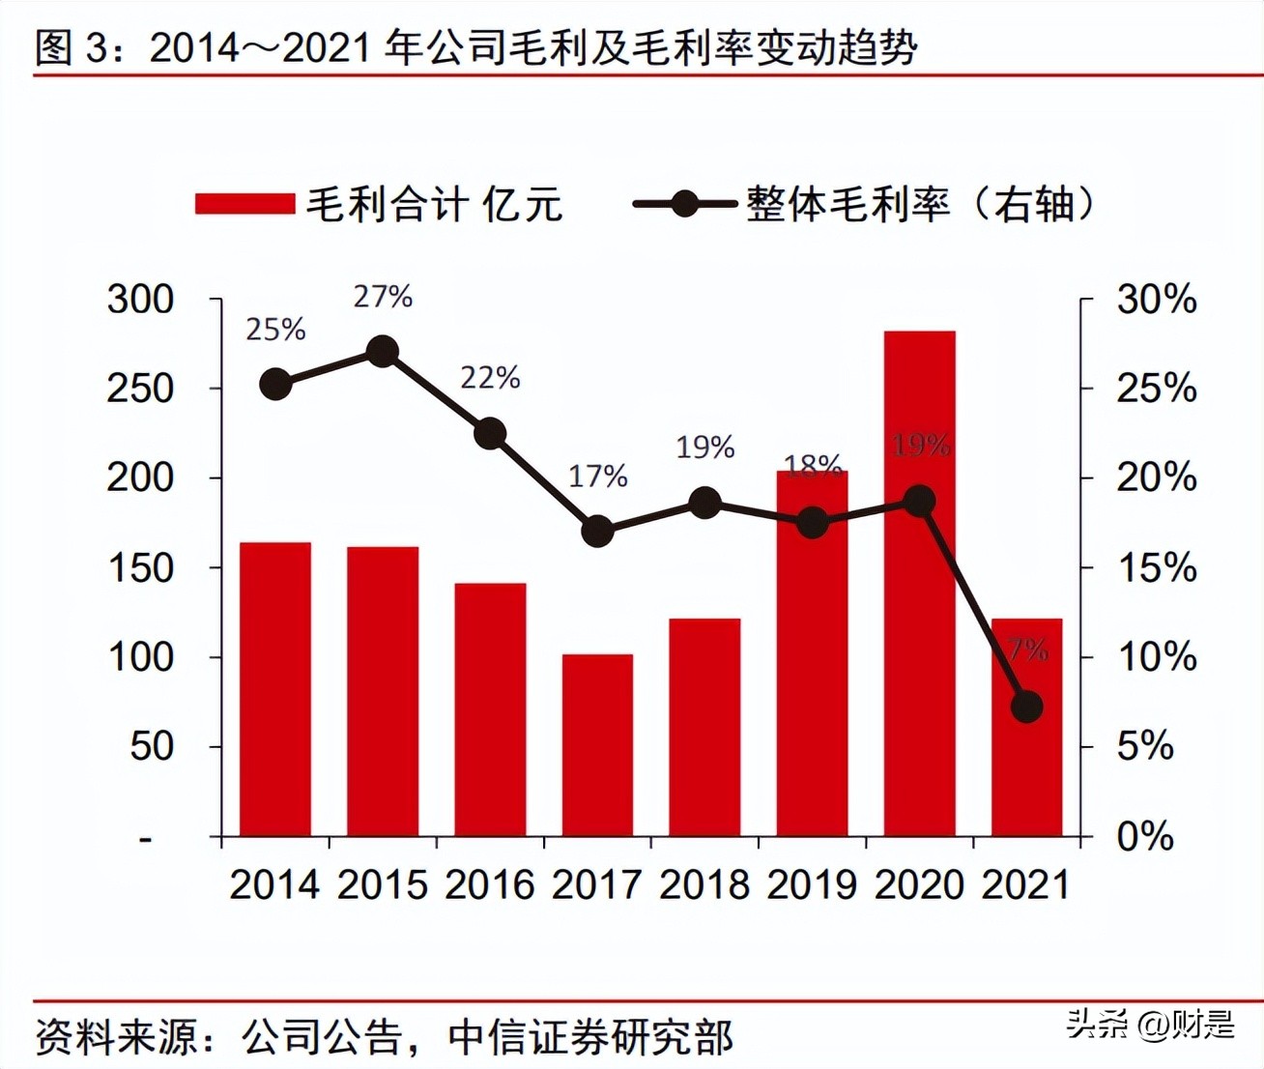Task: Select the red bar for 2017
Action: point(597,744)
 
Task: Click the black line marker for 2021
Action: point(1026,707)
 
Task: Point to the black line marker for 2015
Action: point(383,352)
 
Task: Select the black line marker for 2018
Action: point(705,503)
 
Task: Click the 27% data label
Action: point(383,297)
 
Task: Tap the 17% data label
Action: point(597,476)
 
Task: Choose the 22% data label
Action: point(490,377)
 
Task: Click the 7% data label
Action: point(1027,650)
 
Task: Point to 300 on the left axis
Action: point(140,300)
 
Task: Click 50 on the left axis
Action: point(152,746)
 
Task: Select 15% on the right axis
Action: point(1157,567)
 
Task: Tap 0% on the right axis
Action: point(1145,836)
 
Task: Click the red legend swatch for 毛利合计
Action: point(244,204)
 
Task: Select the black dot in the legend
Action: point(684,204)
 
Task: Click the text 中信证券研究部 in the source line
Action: point(590,1037)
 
